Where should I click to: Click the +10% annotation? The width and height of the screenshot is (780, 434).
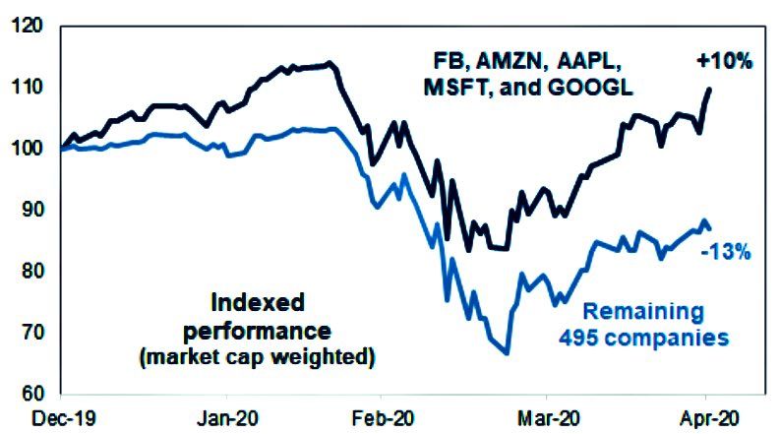[x=725, y=61]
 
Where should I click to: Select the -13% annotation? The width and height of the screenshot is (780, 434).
[x=726, y=252]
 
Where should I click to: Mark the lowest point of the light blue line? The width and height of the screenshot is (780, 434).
[x=507, y=352]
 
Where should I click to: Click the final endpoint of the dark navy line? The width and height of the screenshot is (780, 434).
[x=710, y=89]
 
